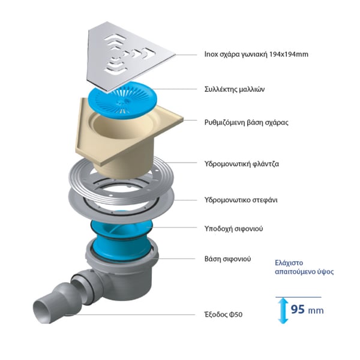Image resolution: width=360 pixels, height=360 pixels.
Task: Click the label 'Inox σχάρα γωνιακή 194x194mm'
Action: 256,55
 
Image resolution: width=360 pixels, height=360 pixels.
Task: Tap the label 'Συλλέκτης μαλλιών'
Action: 235,89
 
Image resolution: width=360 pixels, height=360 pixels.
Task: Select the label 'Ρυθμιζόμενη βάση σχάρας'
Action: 247,122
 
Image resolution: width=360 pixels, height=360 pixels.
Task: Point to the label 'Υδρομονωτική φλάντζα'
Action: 242,164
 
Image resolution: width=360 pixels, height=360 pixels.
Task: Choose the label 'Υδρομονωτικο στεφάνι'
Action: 241,200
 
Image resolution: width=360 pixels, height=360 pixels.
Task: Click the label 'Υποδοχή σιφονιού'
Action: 234,229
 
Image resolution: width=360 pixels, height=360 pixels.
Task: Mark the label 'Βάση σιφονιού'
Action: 227,259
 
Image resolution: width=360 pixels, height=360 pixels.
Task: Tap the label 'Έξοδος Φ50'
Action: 223,314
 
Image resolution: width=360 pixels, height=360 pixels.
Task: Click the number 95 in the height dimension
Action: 298,309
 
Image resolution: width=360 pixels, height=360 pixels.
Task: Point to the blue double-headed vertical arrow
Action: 283,310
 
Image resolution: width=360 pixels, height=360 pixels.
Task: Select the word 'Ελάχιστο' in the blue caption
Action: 289,263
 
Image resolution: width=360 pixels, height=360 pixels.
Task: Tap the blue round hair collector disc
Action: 123,101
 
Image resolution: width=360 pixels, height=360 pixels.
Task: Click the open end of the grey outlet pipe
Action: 43,310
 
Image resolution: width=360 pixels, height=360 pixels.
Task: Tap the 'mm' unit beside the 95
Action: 316,311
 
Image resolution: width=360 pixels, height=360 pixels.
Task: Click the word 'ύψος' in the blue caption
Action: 325,272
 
